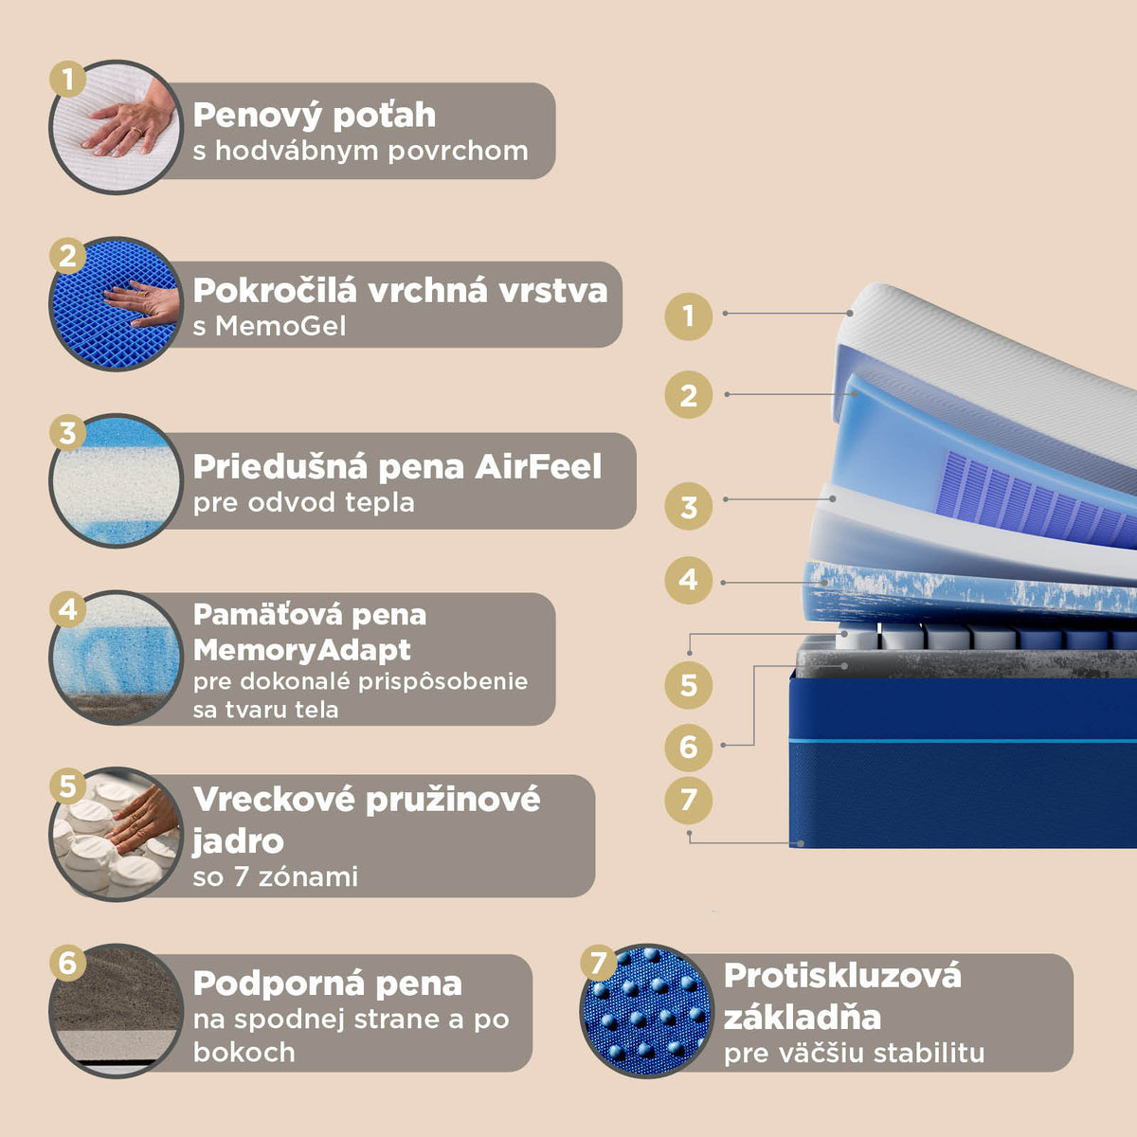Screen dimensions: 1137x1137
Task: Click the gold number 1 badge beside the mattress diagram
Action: pyautogui.click(x=688, y=316)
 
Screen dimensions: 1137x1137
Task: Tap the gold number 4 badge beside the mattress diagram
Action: pyautogui.click(x=688, y=580)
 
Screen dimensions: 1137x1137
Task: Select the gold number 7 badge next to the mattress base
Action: pyautogui.click(x=688, y=801)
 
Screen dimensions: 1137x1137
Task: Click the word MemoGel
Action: pyautogui.click(x=280, y=326)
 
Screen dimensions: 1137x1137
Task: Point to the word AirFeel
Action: pyautogui.click(x=537, y=467)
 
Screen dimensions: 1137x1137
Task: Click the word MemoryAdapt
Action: pyautogui.click(x=301, y=650)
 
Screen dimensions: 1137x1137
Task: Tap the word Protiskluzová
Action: pyautogui.click(x=842, y=975)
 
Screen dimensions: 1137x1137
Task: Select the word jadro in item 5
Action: pyautogui.click(x=238, y=841)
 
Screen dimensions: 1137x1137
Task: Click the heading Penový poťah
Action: pyautogui.click(x=314, y=115)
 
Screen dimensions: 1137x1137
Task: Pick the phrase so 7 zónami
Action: pyautogui.click(x=275, y=876)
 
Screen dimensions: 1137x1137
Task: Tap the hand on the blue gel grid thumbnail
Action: pyautogui.click(x=142, y=303)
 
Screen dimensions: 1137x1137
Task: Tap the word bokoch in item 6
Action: pyautogui.click(x=244, y=1052)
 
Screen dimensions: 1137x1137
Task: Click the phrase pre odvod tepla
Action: pyautogui.click(x=303, y=503)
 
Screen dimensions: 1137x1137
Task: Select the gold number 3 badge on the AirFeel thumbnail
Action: pyautogui.click(x=68, y=432)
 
